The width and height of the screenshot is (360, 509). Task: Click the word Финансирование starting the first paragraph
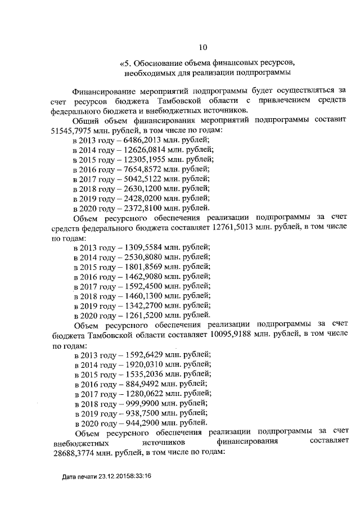107,91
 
